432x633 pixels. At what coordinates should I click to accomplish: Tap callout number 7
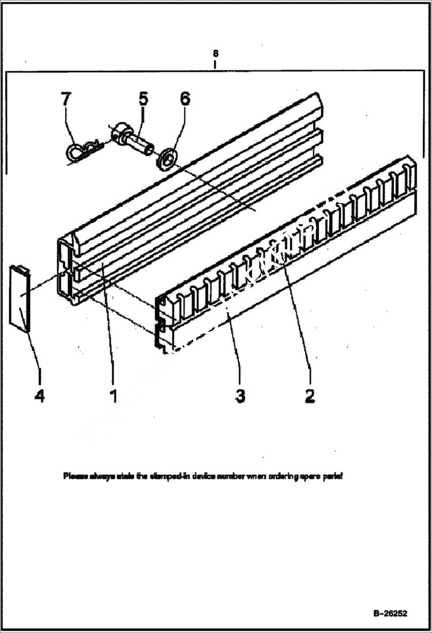tap(66, 99)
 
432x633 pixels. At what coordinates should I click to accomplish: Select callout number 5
tap(142, 99)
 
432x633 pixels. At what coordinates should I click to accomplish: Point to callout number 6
tap(185, 99)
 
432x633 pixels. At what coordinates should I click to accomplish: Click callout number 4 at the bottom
tap(39, 396)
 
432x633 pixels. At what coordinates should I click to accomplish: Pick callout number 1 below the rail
tap(113, 396)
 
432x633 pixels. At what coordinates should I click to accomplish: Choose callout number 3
tap(240, 396)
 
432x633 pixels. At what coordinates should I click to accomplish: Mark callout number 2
tap(310, 396)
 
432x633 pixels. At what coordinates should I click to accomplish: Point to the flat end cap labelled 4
tap(19, 298)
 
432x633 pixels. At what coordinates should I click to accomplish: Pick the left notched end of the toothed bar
tap(162, 323)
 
